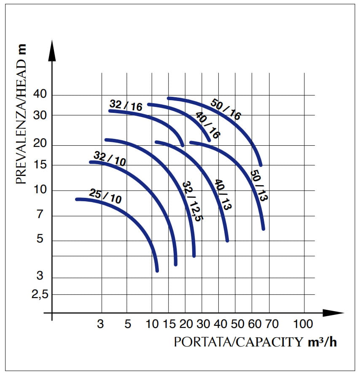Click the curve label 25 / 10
click(x=105, y=197)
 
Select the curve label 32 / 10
click(x=110, y=159)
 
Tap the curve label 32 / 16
click(x=126, y=105)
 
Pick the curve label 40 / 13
click(x=223, y=194)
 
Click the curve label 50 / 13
click(x=258, y=185)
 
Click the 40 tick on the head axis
click(x=40, y=95)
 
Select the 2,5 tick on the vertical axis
click(x=40, y=295)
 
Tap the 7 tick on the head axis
click(x=40, y=215)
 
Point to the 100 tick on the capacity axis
click(x=303, y=324)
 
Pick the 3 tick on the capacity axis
click(x=100, y=324)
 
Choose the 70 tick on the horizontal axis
click(x=271, y=324)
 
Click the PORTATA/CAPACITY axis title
click(x=239, y=342)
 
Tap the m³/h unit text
click(x=322, y=342)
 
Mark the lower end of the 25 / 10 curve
click(x=157, y=271)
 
